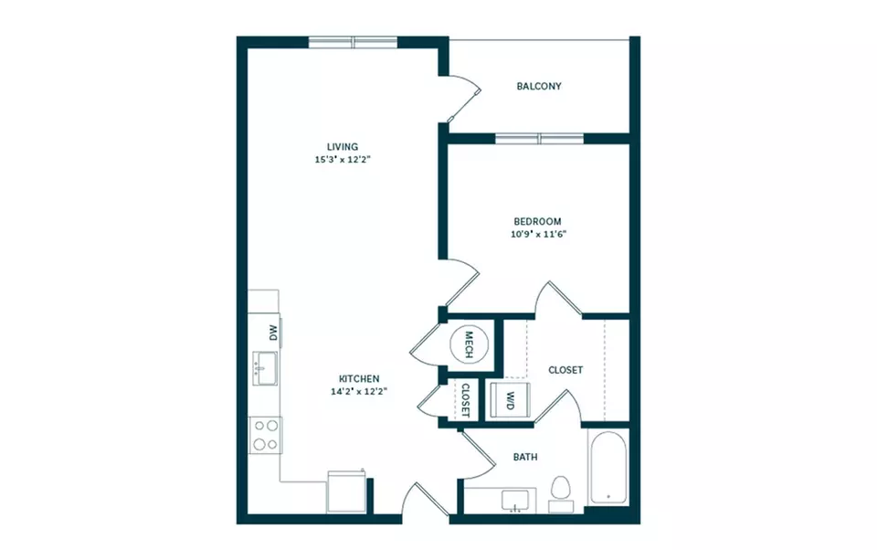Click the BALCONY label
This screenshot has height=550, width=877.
(539, 86)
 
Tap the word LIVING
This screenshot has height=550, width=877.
(343, 146)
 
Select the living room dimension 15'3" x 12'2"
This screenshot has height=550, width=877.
(343, 160)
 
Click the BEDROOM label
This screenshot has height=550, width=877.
(537, 222)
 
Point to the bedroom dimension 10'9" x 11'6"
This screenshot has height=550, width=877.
(538, 235)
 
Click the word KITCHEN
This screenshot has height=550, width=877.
(359, 379)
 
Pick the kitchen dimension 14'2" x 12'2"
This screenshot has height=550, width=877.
(359, 392)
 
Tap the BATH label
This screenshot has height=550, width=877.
(525, 457)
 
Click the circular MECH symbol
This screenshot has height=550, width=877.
(470, 344)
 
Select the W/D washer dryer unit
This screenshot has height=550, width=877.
(510, 400)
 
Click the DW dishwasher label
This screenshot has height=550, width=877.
(273, 333)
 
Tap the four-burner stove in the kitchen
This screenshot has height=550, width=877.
(265, 435)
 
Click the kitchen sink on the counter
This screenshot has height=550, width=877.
(265, 368)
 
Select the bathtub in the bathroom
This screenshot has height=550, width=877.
(608, 469)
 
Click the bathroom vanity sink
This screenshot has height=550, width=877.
(514, 501)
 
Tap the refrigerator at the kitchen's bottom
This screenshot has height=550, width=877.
(346, 492)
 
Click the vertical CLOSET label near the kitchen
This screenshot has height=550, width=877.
(465, 400)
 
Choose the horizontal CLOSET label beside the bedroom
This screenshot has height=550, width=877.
(565, 370)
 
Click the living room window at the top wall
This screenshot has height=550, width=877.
(353, 43)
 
